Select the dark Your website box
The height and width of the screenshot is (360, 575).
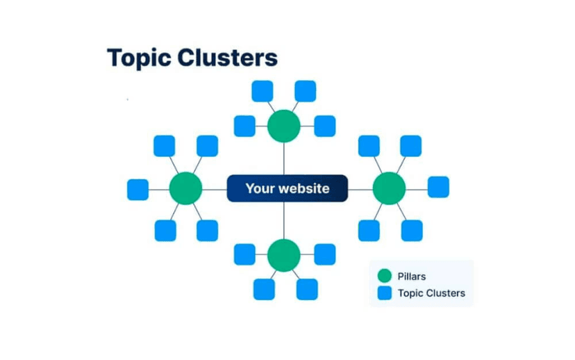coord(287,188)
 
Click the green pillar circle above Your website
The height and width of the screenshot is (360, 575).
coord(284,126)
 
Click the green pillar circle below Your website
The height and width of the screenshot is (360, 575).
coord(283,255)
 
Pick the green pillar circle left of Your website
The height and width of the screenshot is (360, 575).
coord(185,188)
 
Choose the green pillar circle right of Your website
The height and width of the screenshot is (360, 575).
coord(389,188)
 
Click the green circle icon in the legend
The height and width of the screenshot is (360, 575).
coord(385,277)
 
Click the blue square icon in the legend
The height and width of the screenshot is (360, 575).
coord(385,293)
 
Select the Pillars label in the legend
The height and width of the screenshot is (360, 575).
coord(412,277)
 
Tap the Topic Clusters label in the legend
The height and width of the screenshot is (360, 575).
coord(431,293)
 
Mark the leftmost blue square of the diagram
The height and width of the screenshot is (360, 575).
coord(137,189)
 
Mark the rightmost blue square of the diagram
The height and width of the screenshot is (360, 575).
coord(438,187)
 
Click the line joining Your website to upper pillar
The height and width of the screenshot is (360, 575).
coord(284,159)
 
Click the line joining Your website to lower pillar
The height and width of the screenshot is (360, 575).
coord(284,220)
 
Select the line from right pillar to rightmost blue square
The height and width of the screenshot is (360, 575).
coord(417,188)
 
